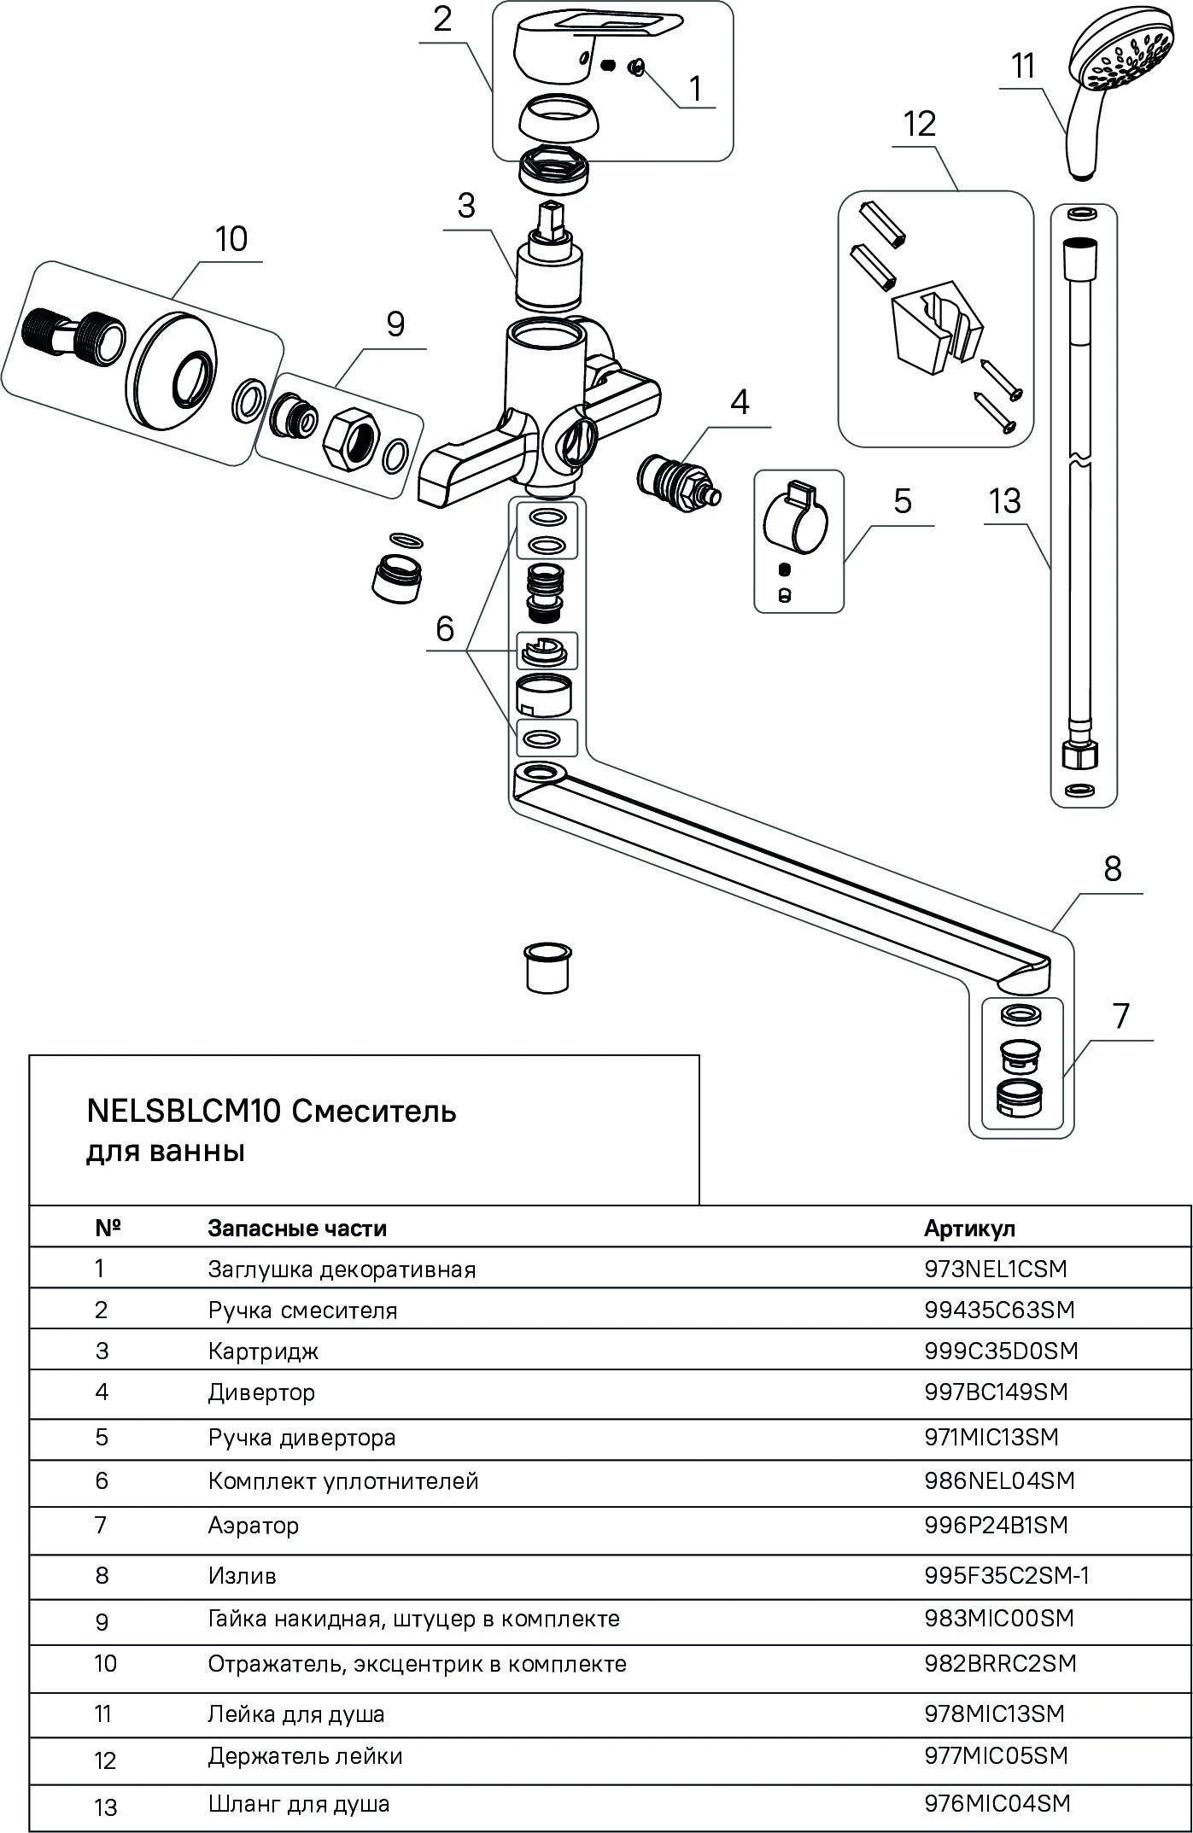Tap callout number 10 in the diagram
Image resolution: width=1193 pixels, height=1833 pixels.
231,239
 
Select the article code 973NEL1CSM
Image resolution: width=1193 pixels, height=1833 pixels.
996,1269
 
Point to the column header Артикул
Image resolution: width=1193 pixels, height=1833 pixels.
970,1228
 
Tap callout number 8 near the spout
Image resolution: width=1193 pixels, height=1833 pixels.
1112,869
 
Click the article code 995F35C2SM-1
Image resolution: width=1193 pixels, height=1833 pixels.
1007,1575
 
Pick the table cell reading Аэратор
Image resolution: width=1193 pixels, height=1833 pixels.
253,1525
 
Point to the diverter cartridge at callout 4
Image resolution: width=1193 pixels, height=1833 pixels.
678,483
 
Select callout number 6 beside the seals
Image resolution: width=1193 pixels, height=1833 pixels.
445,629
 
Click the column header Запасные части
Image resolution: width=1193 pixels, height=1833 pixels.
297,1228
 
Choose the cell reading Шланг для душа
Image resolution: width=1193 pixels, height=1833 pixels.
299,1804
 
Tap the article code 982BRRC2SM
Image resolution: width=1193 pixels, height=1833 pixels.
1000,1663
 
